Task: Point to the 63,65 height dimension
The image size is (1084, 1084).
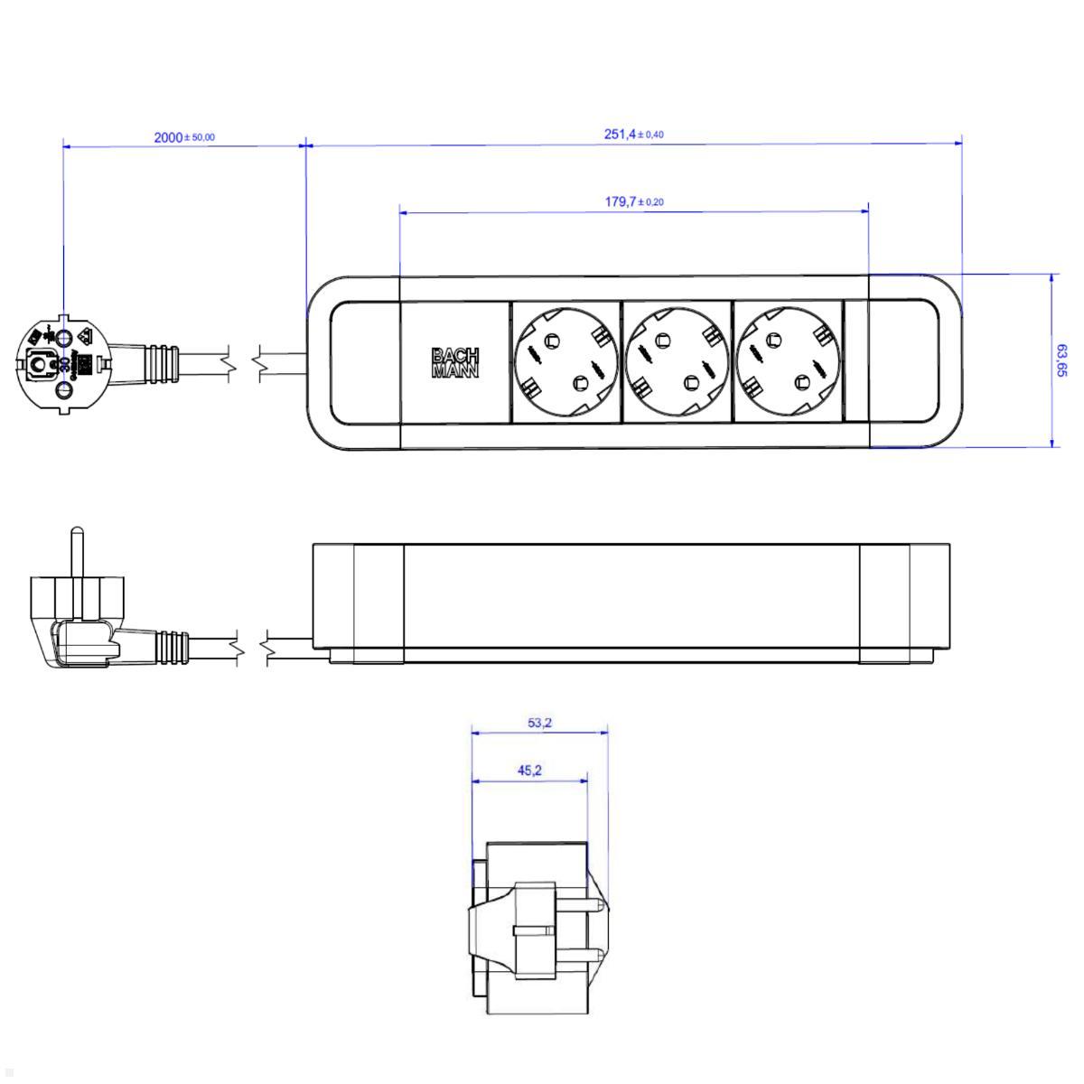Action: (x=1061, y=360)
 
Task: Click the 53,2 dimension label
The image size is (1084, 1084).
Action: (x=539, y=722)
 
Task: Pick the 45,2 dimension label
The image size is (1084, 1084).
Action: (x=529, y=771)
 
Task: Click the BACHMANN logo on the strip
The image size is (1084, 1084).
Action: (x=455, y=362)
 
